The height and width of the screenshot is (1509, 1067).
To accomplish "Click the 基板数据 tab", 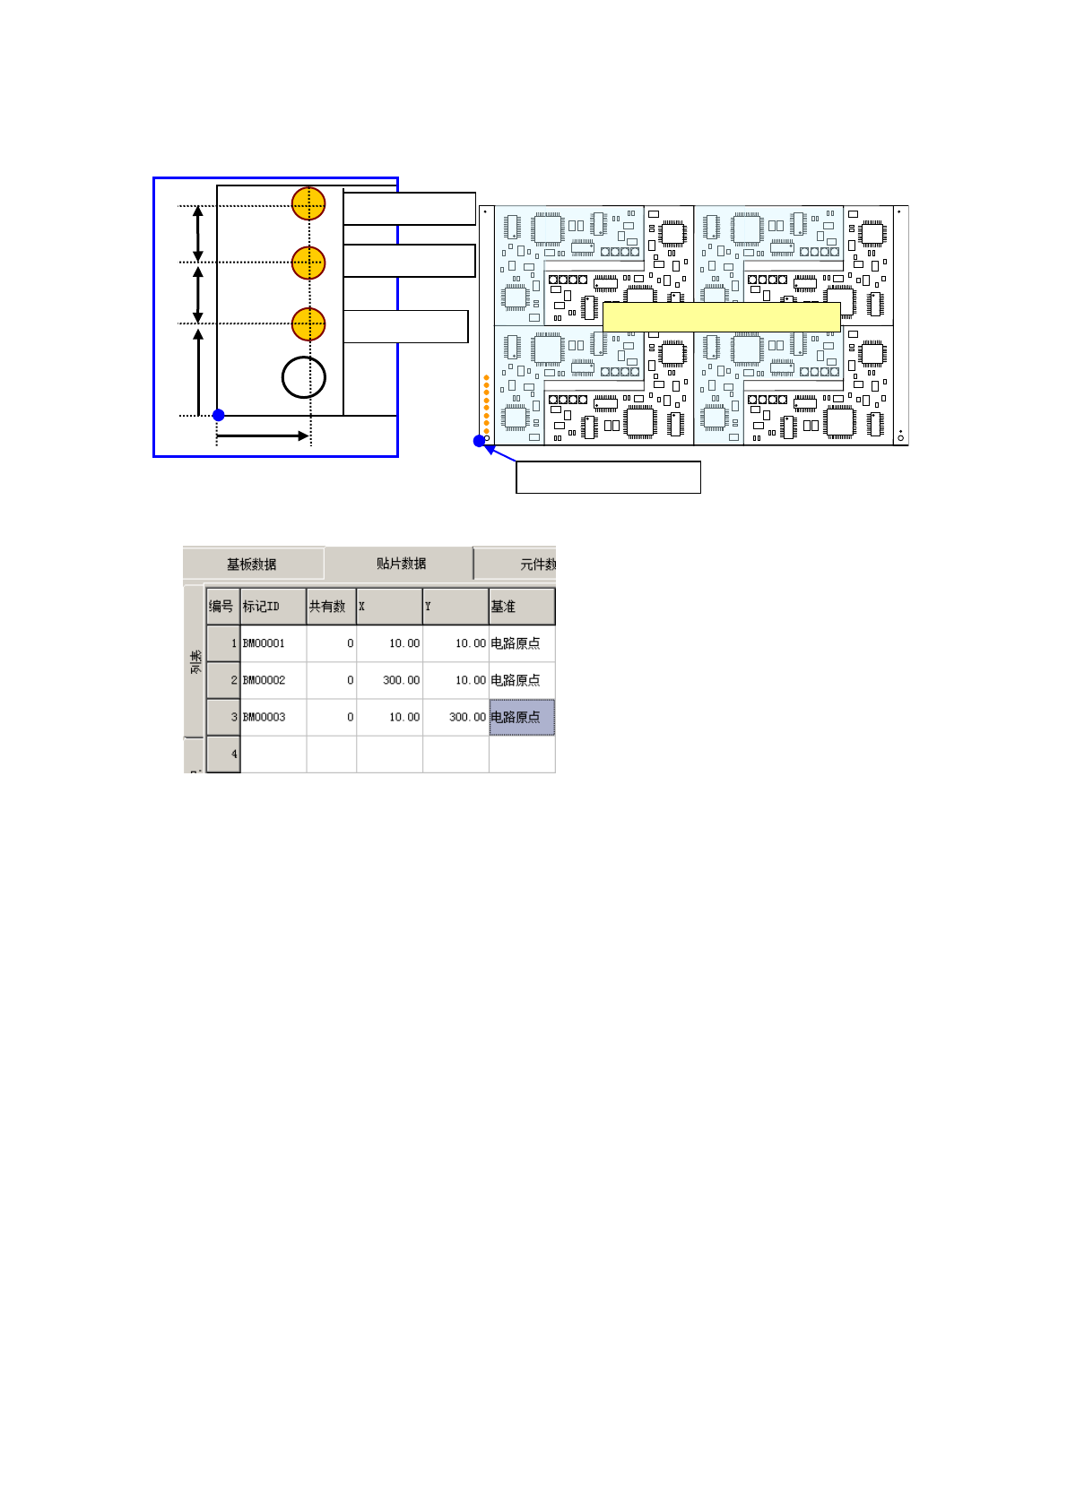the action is click(x=252, y=564).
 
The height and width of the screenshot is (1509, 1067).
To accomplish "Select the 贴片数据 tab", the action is click(x=400, y=563).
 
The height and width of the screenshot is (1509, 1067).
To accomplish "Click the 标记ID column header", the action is click(x=273, y=607).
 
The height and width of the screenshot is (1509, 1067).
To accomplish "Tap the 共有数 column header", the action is click(x=331, y=607).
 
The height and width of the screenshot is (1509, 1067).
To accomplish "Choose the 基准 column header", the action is click(x=521, y=607).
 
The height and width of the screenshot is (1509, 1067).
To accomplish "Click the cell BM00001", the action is click(x=273, y=643).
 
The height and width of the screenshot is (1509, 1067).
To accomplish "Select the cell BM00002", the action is click(x=273, y=680).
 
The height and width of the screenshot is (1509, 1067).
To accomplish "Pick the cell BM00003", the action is click(x=273, y=717).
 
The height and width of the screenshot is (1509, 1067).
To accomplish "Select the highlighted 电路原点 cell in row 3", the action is click(x=522, y=717).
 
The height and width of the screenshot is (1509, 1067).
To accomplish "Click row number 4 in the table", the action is click(x=224, y=754).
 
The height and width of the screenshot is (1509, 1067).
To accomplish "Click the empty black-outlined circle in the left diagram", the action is click(x=304, y=377).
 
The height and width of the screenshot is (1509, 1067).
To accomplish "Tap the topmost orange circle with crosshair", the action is click(x=308, y=204).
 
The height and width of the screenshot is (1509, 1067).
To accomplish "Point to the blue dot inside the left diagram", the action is click(x=218, y=415).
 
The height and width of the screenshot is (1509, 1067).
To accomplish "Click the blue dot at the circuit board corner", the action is click(x=479, y=441).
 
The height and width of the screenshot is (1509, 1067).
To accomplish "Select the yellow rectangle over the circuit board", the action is click(x=721, y=316).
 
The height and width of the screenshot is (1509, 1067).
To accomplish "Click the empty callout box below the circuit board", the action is click(x=608, y=477).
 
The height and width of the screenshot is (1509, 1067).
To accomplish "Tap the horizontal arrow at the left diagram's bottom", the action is click(x=263, y=436).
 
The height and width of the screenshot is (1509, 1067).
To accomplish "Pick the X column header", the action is click(x=389, y=607).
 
